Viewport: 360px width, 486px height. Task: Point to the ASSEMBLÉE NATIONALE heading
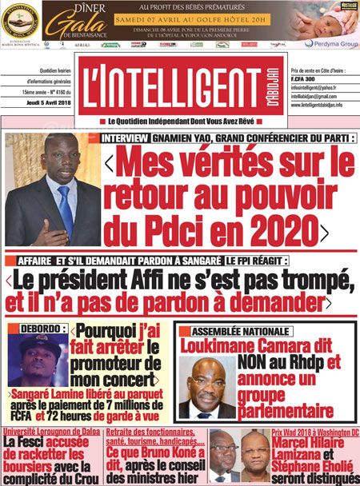(x=231, y=329)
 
